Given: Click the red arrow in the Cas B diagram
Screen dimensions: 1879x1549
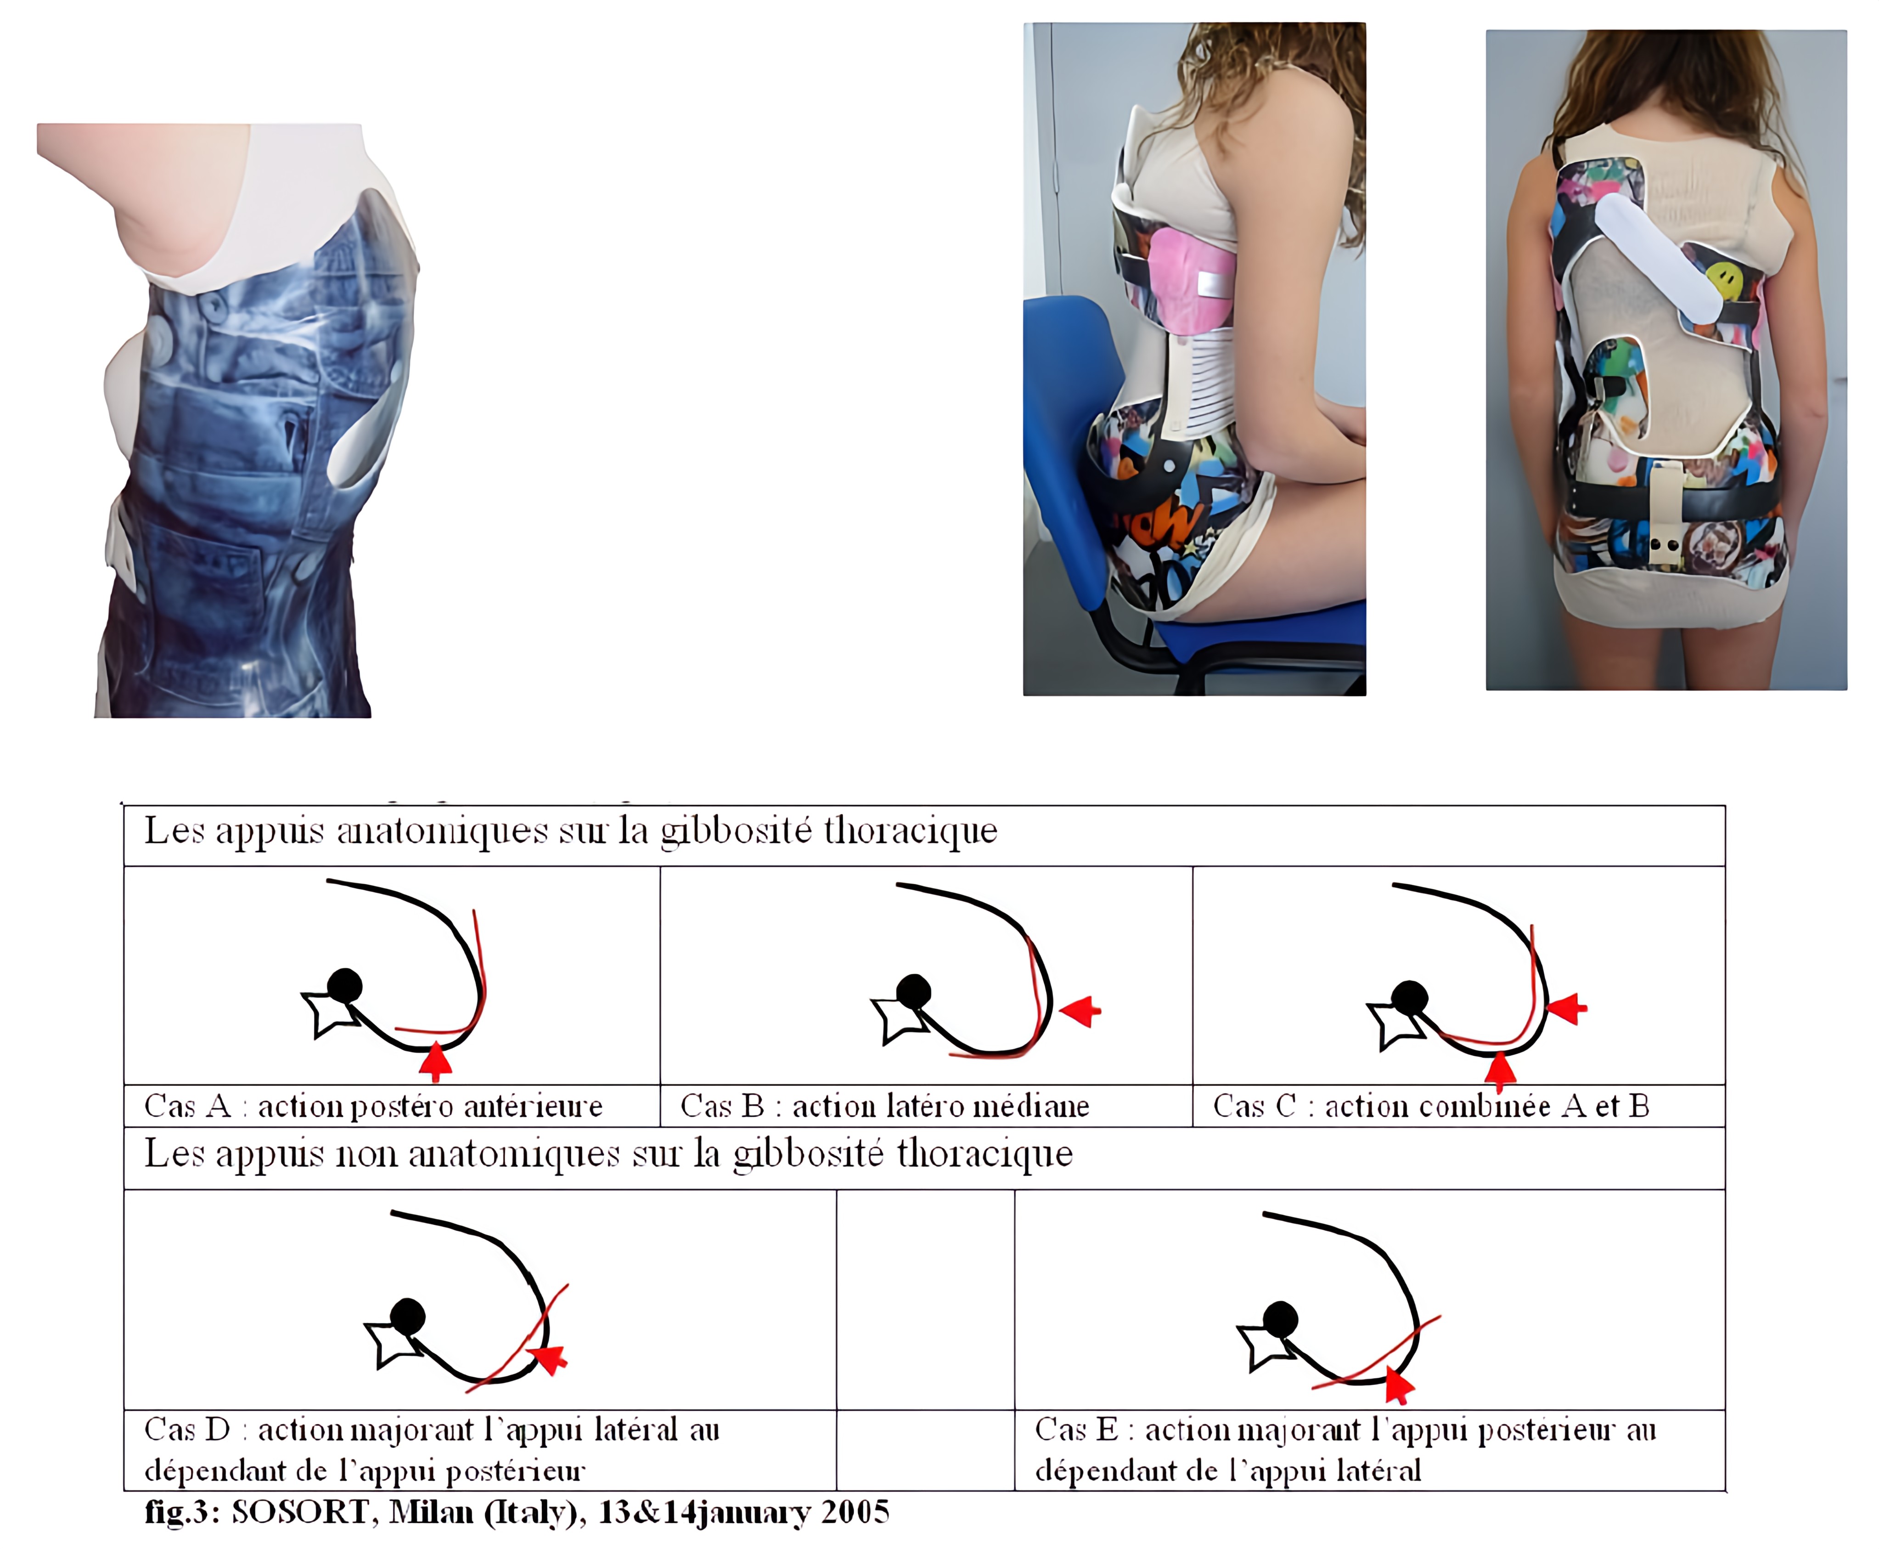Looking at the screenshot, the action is (x=1080, y=1012).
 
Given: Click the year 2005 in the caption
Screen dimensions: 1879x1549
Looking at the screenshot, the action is (x=855, y=1511).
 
